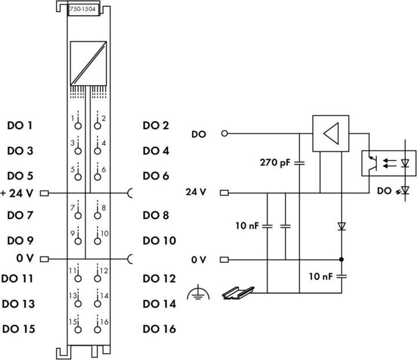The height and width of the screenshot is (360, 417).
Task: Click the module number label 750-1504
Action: [x=82, y=9]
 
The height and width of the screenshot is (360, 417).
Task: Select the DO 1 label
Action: [x=20, y=125]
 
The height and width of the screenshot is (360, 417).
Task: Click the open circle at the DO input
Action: [x=224, y=134]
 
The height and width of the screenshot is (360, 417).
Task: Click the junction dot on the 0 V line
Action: [x=342, y=259]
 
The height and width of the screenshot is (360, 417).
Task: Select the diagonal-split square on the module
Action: [x=87, y=63]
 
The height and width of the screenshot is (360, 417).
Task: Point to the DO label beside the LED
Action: [x=383, y=190]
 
